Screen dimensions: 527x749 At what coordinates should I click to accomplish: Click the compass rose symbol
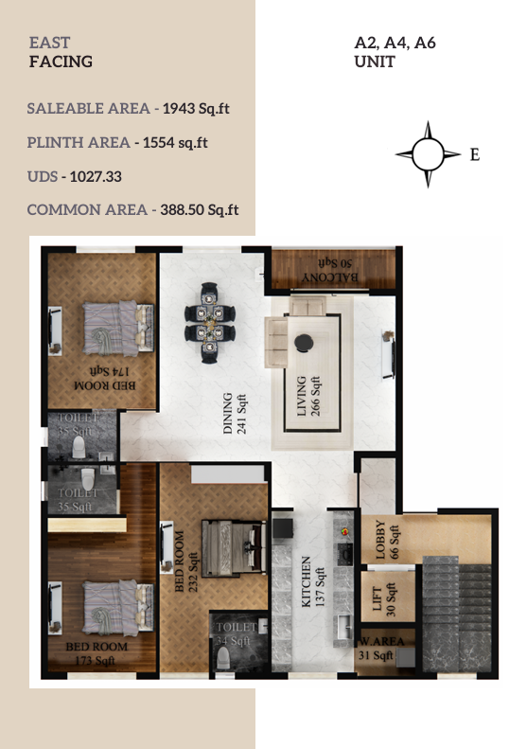(x=428, y=154)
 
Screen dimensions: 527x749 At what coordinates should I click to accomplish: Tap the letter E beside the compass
(x=475, y=154)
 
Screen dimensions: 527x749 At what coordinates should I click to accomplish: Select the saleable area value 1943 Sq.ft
(x=196, y=109)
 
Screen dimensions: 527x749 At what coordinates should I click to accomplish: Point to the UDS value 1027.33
(x=96, y=177)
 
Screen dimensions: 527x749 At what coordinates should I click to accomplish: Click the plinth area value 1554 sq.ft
(x=175, y=143)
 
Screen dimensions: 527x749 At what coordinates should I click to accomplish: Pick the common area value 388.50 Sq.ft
(x=200, y=210)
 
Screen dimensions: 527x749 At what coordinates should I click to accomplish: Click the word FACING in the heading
(x=61, y=62)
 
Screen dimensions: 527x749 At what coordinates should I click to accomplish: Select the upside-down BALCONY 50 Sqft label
(x=330, y=271)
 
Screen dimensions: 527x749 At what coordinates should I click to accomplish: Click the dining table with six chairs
(x=209, y=323)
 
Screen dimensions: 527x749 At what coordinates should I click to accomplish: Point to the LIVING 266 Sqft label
(x=308, y=396)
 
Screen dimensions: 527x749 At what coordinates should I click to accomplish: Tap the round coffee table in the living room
(x=304, y=343)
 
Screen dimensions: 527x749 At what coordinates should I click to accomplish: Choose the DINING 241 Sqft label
(x=235, y=414)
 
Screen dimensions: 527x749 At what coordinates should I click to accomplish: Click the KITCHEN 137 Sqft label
(x=312, y=581)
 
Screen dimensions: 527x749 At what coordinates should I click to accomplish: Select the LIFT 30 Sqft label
(x=384, y=599)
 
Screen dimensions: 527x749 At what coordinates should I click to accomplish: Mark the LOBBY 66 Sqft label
(x=387, y=540)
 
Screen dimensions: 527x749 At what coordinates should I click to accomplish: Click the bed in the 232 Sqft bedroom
(x=234, y=548)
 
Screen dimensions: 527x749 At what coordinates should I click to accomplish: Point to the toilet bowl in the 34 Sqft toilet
(x=223, y=658)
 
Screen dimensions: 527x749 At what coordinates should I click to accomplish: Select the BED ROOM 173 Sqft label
(x=97, y=653)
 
